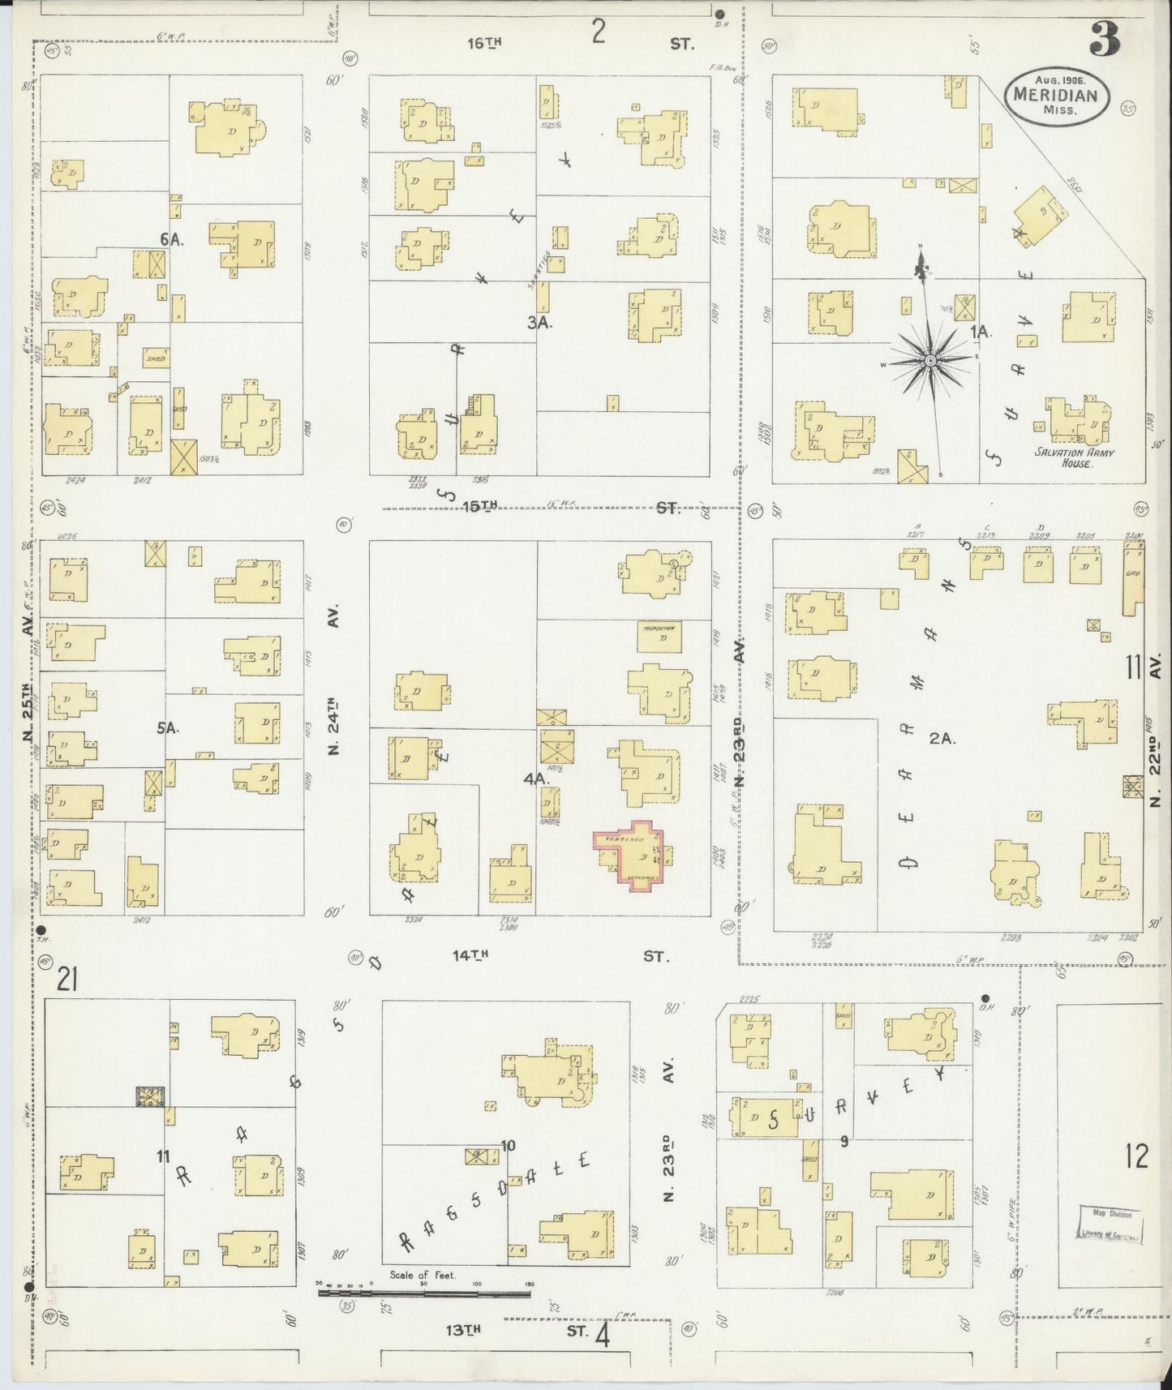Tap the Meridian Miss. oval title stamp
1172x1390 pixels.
[1055, 95]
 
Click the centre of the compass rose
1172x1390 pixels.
[931, 359]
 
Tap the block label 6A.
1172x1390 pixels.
[170, 238]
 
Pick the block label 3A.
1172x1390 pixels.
[539, 322]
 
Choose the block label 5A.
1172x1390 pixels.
[168, 727]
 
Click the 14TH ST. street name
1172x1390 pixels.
[560, 956]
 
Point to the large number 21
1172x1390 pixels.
[67, 981]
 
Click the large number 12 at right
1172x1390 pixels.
[1137, 1157]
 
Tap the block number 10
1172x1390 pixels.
[508, 1146]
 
